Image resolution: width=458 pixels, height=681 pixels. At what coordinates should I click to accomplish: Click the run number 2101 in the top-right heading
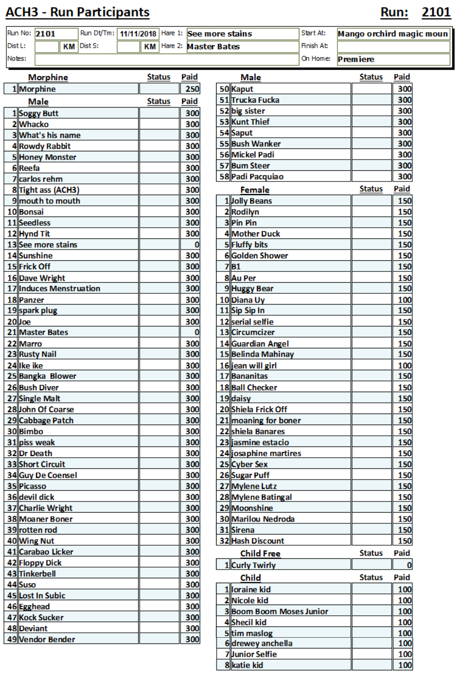click(436, 12)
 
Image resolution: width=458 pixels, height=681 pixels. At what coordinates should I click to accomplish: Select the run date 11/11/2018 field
click(138, 34)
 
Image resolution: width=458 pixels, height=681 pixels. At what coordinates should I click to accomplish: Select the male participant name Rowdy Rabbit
click(45, 146)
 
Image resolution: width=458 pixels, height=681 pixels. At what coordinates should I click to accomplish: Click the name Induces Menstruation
click(59, 288)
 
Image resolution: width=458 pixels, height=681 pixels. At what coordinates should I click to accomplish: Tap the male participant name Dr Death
click(36, 453)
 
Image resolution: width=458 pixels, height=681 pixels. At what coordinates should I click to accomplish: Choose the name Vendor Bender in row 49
click(47, 639)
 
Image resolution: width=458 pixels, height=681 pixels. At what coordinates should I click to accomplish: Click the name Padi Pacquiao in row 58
click(257, 177)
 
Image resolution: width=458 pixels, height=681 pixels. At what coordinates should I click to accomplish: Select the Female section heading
click(255, 190)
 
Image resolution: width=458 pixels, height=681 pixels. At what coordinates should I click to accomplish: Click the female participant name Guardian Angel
click(260, 343)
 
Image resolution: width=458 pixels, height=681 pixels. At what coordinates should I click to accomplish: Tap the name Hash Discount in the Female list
click(257, 541)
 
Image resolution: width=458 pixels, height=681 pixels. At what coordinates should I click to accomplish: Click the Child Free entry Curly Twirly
click(253, 565)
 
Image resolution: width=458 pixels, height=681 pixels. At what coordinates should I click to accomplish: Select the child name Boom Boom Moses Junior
click(279, 611)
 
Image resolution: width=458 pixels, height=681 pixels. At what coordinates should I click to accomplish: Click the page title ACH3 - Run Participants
click(77, 12)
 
